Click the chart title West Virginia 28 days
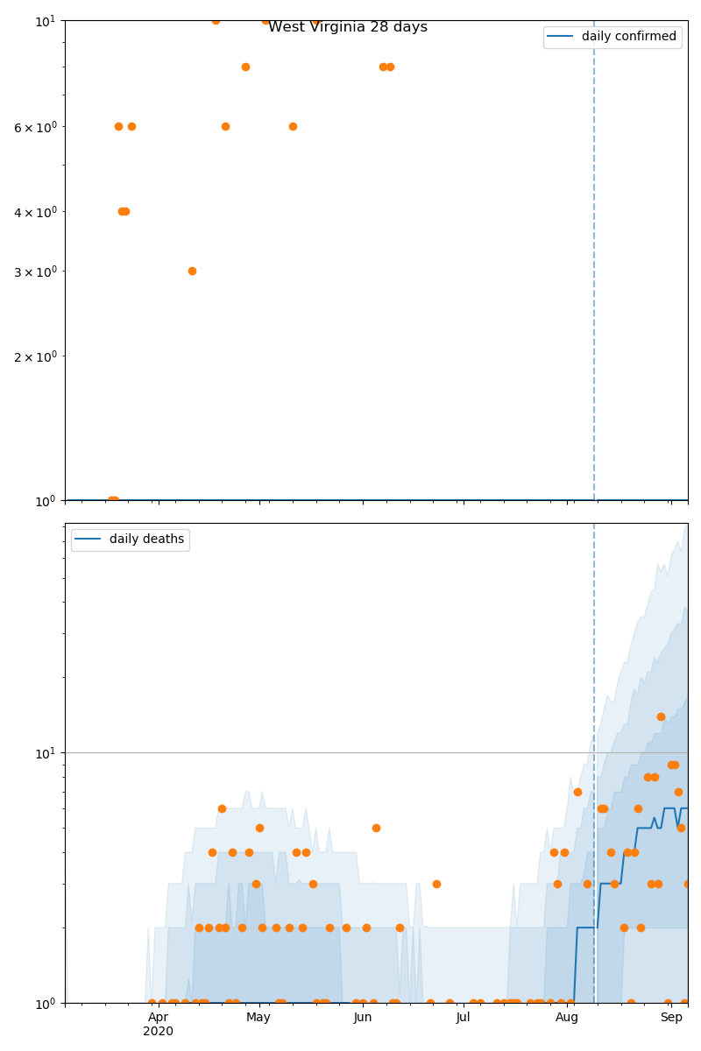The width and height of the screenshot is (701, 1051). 348,27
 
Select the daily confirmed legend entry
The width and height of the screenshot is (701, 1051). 628,37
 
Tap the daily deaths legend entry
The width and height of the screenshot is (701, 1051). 145,540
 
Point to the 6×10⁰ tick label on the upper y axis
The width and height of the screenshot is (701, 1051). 37,127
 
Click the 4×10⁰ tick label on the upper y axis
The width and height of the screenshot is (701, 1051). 37,212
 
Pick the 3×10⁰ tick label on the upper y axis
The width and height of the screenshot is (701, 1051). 37,272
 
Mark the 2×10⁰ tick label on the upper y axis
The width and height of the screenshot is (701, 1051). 37,356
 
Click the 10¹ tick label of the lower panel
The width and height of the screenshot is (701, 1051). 45,753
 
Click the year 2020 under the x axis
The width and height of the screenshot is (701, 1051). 158,1032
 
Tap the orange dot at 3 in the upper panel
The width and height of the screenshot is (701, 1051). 192,271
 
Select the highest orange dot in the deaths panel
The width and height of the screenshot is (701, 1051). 661,716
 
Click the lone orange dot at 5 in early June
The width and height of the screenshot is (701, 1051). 376,828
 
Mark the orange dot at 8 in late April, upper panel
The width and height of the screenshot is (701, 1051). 245,67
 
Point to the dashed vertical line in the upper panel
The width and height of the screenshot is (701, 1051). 594,263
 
